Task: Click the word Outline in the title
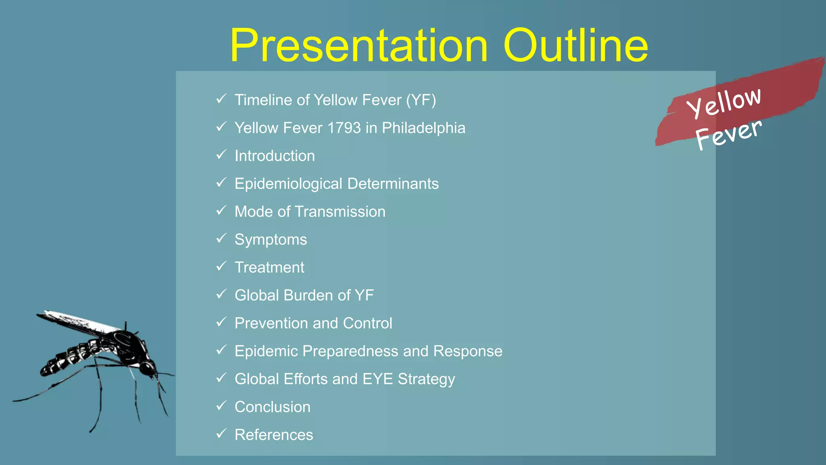576,45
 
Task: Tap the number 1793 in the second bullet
344,128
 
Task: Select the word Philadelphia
423,128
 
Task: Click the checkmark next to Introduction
221,155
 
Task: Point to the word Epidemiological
288,184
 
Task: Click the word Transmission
340,212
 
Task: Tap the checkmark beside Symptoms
221,239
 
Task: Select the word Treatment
269,267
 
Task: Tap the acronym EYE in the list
378,379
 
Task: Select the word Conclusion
273,407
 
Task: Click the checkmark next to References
221,434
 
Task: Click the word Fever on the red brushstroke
728,134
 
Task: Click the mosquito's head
147,368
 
